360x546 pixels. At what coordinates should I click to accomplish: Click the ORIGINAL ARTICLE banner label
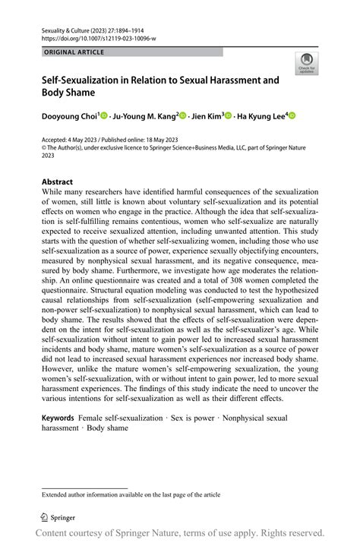74,52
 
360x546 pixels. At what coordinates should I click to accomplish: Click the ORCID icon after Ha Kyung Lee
291,115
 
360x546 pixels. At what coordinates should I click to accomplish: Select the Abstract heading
57,181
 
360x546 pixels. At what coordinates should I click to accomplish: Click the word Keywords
58,418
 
